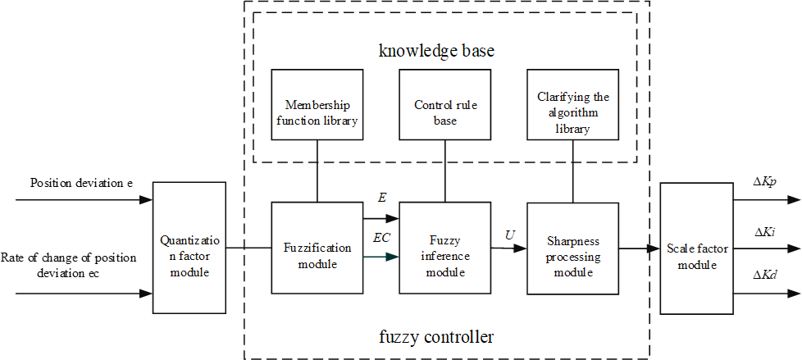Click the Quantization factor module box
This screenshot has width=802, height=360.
point(189,248)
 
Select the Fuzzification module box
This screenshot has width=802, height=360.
point(317,248)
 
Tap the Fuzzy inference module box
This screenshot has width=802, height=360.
point(444,248)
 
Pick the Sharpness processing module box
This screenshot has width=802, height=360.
point(572,248)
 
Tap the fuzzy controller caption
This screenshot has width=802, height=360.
point(448,336)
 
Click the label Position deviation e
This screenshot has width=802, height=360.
point(81,182)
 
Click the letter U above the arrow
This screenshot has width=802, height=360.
point(510,235)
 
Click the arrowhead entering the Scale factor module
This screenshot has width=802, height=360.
point(654,248)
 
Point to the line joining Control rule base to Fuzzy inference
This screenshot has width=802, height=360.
point(444,171)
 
